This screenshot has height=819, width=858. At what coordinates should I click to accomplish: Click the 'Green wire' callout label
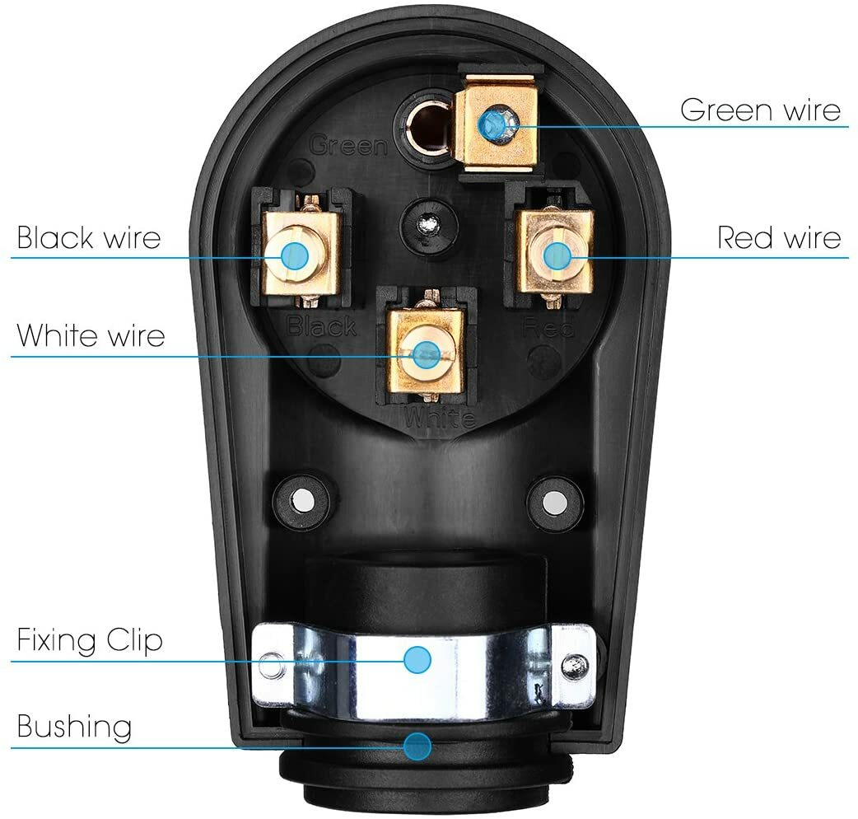(761, 110)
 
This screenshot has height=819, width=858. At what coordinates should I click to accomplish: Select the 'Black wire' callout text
(89, 237)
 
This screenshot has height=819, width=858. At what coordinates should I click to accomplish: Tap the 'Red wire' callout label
(779, 237)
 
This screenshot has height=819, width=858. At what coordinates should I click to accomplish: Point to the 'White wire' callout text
(91, 335)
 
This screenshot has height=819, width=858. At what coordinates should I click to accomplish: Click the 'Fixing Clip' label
(90, 639)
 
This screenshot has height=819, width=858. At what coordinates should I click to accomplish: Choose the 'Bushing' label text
(74, 727)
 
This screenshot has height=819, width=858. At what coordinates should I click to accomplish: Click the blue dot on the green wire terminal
(491, 126)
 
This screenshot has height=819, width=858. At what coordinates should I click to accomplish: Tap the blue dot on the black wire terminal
(295, 255)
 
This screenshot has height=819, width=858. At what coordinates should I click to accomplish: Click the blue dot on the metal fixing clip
(417, 660)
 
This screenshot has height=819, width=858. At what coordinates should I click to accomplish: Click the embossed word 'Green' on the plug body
(348, 146)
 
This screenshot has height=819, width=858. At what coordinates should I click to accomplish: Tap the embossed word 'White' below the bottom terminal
(440, 419)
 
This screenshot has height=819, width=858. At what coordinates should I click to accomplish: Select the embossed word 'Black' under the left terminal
(322, 326)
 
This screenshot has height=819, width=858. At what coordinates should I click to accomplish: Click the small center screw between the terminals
(428, 224)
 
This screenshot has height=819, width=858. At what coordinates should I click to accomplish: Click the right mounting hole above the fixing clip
(554, 501)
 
